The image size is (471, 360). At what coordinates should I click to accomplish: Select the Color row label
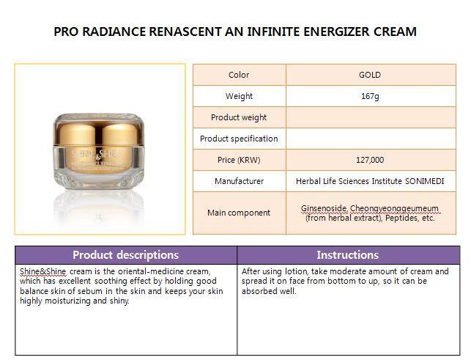tap(239, 75)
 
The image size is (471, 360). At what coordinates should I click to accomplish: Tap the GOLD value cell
tap(370, 75)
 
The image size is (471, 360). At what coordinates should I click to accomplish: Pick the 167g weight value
tap(370, 96)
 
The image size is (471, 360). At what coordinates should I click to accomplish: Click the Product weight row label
tap(239, 117)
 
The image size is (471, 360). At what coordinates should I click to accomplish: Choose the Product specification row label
tap(239, 139)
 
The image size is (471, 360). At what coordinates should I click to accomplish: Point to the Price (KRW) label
tap(239, 160)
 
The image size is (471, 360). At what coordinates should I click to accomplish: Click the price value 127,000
tap(370, 160)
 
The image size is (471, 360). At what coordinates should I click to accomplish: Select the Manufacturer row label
tap(239, 181)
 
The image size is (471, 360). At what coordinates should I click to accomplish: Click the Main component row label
tap(239, 213)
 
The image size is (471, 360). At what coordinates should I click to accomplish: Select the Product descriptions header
tap(125, 255)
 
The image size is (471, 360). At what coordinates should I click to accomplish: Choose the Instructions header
tap(347, 255)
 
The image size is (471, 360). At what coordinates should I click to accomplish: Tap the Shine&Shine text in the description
tap(42, 271)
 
